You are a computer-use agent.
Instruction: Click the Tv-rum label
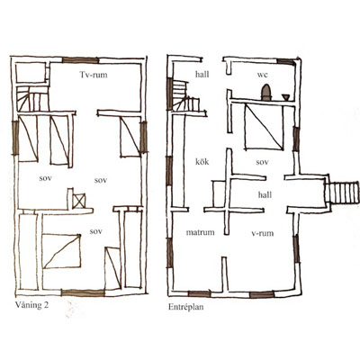tap(94, 75)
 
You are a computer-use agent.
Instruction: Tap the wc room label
tap(262, 74)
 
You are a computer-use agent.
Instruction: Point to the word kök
tap(202, 162)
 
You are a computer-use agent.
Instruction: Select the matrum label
tap(200, 232)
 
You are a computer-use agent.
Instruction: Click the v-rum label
tap(263, 233)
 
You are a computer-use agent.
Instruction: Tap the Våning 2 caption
tap(31, 305)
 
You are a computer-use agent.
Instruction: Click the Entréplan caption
tap(186, 307)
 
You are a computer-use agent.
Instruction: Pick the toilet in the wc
tap(265, 93)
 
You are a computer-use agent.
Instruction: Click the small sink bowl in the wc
tap(285, 97)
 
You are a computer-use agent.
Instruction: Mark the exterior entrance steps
tap(343, 193)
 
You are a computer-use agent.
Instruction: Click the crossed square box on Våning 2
tap(79, 201)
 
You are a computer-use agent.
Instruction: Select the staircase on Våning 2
tap(32, 98)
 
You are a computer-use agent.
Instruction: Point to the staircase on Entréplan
tap(186, 96)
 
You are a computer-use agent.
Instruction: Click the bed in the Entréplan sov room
tap(264, 126)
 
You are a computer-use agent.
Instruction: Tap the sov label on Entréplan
tap(262, 162)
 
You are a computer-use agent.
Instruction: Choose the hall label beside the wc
tap(202, 74)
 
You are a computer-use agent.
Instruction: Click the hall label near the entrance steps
tap(265, 195)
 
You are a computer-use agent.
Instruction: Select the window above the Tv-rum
tap(80, 60)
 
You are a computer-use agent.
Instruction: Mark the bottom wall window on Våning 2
tap(83, 292)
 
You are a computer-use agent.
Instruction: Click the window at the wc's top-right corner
tap(286, 61)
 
